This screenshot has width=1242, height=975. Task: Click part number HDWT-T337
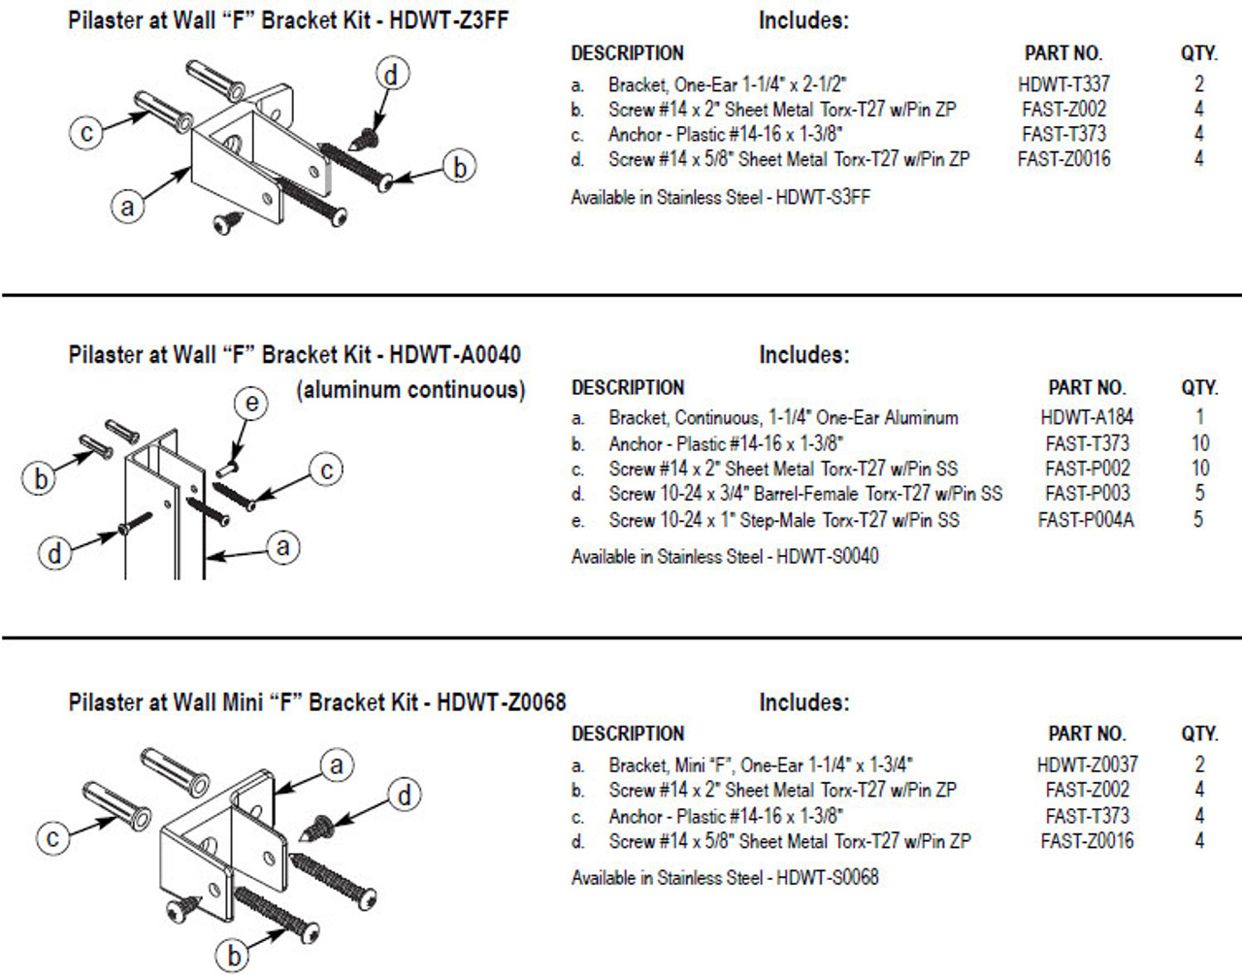click(x=1063, y=84)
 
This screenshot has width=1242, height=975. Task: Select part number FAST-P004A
click(x=1086, y=520)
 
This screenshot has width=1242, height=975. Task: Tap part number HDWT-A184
click(x=1087, y=417)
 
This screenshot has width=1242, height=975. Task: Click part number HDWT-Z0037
click(x=1087, y=764)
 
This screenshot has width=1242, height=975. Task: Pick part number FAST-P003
click(x=1087, y=494)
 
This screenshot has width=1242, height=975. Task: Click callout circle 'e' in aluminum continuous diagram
click(x=251, y=403)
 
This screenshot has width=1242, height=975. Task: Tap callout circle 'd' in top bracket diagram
click(x=391, y=74)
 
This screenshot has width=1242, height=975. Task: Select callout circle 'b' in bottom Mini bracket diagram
click(x=234, y=956)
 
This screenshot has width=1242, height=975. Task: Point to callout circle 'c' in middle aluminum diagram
click(x=327, y=470)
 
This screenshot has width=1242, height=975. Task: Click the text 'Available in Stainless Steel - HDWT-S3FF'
click(x=721, y=197)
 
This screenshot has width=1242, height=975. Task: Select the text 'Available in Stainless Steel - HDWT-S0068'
click(x=725, y=877)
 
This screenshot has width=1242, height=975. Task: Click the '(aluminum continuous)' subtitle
click(x=410, y=390)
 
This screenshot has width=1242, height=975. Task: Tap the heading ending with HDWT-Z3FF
click(x=288, y=20)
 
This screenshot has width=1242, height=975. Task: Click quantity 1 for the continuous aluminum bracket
click(x=1199, y=417)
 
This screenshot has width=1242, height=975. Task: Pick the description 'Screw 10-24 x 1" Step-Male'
click(x=784, y=520)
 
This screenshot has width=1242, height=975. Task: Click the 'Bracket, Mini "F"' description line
click(x=761, y=764)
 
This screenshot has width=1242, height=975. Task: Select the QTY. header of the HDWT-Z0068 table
click(x=1199, y=734)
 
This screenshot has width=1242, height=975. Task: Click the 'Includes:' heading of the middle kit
click(x=803, y=355)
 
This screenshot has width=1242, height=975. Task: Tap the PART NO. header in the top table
click(x=1063, y=53)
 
